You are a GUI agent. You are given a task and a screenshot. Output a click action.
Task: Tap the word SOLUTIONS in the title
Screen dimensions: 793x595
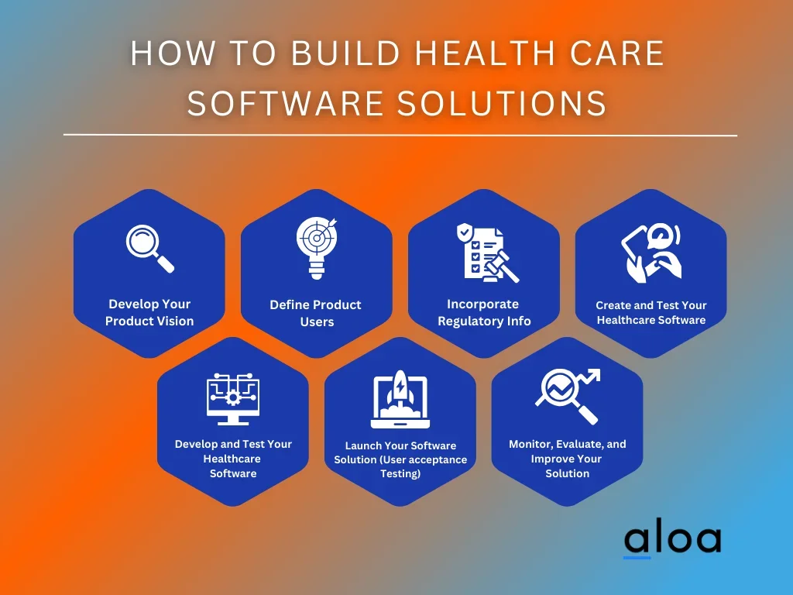(x=502, y=103)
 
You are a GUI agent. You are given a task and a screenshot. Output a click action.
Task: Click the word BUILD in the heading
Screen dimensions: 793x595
(x=346, y=53)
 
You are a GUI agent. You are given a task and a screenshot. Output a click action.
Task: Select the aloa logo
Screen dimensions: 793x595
(x=673, y=540)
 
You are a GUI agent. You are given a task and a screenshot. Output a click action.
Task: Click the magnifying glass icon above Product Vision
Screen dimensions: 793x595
(x=149, y=249)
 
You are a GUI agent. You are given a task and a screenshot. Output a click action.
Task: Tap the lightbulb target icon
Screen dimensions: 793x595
(x=317, y=248)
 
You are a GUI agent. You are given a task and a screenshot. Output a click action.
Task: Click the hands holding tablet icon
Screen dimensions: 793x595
(x=651, y=253)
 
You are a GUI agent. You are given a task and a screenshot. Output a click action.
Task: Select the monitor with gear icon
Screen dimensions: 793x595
(x=233, y=399)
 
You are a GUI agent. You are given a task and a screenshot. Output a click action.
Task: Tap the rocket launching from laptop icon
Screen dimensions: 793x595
(x=400, y=399)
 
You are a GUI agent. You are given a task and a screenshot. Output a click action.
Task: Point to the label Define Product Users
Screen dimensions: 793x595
(x=316, y=313)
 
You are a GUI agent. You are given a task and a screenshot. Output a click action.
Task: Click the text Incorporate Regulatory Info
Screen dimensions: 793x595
(x=484, y=313)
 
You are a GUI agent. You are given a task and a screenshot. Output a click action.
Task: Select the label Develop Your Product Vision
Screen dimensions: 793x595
(x=149, y=313)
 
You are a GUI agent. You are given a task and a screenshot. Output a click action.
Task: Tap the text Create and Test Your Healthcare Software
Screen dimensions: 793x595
(x=651, y=313)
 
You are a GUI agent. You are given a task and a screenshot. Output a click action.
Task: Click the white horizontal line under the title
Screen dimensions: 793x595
(x=400, y=135)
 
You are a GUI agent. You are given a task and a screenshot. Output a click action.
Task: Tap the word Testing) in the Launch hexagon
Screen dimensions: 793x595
(x=400, y=474)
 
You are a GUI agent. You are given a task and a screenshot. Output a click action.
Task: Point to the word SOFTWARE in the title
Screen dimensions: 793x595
(x=285, y=103)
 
